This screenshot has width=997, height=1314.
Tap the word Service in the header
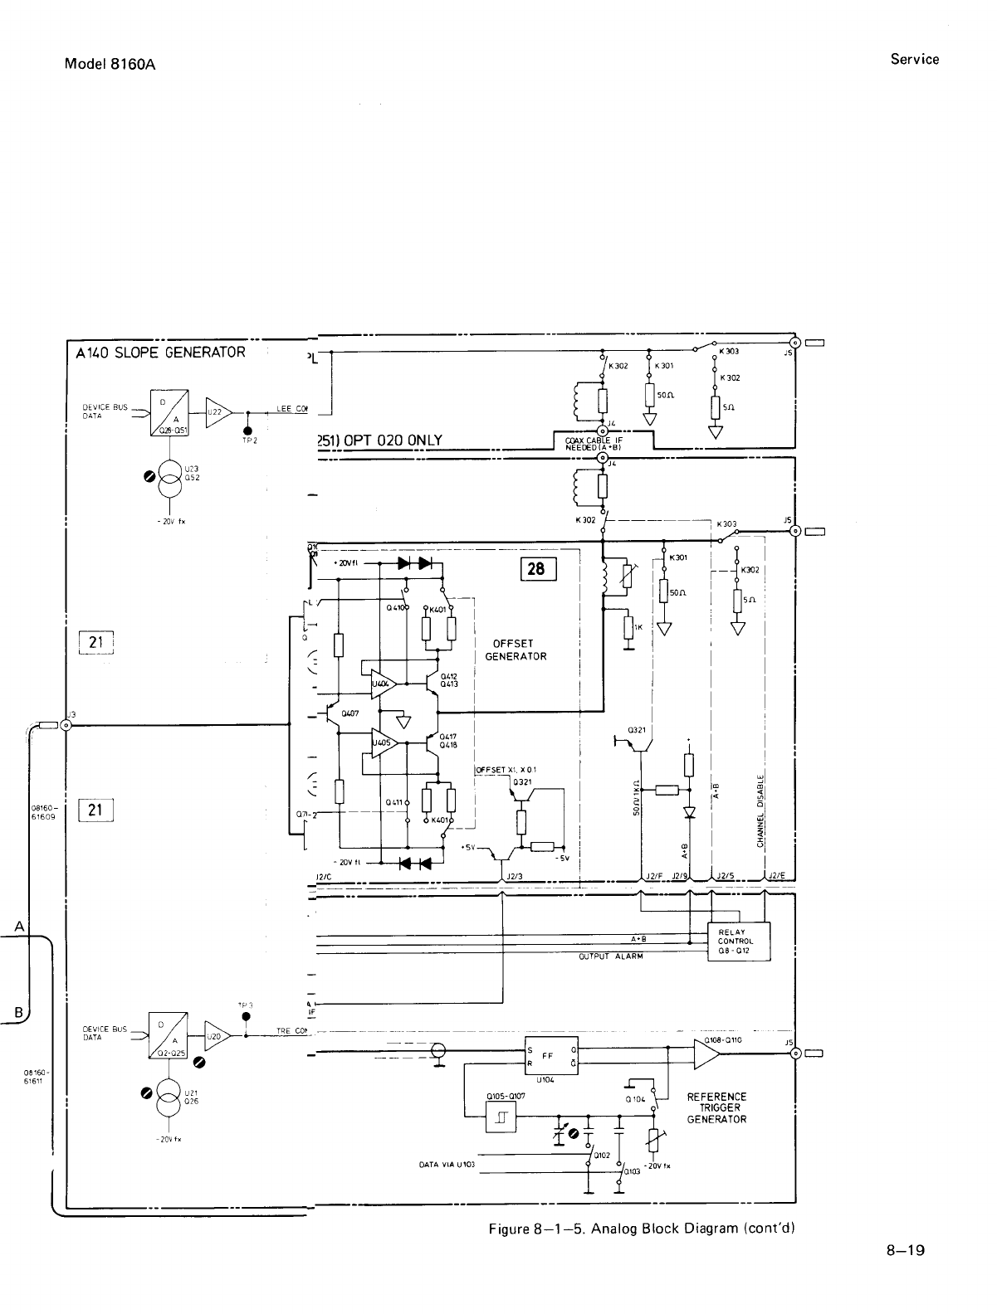point(915,60)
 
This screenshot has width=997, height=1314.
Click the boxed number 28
point(537,569)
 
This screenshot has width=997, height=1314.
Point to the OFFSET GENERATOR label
point(516,650)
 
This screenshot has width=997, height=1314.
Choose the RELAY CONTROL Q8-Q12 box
point(738,941)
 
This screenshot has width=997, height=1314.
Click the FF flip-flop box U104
point(551,1056)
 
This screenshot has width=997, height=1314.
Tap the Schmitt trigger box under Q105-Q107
point(501,1120)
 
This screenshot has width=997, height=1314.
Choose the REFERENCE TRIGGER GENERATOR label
point(717,1107)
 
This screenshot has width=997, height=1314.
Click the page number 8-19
point(904,1251)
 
